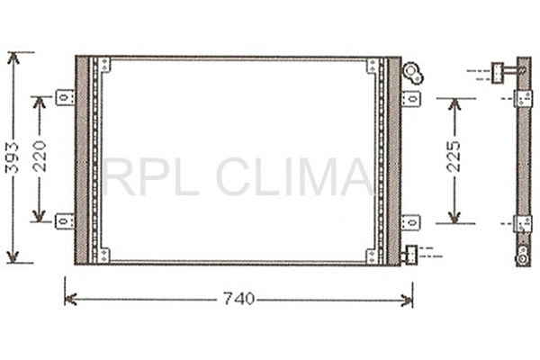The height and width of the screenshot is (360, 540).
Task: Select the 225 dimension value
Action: point(454,158)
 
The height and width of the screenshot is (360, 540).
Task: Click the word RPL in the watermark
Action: point(143,176)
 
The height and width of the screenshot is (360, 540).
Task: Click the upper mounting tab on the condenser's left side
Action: point(65,97)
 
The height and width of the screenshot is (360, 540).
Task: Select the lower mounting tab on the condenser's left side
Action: point(65,220)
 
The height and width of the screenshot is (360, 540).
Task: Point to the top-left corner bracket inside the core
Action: point(103,66)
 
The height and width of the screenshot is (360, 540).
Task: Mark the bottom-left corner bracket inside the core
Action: point(103,255)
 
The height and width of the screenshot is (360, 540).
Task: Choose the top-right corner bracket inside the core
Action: point(373,66)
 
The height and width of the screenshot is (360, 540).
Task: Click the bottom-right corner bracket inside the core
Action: point(373,255)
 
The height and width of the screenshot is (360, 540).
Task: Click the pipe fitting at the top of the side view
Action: point(501,70)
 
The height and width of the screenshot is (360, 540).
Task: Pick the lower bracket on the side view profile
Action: point(522,222)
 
